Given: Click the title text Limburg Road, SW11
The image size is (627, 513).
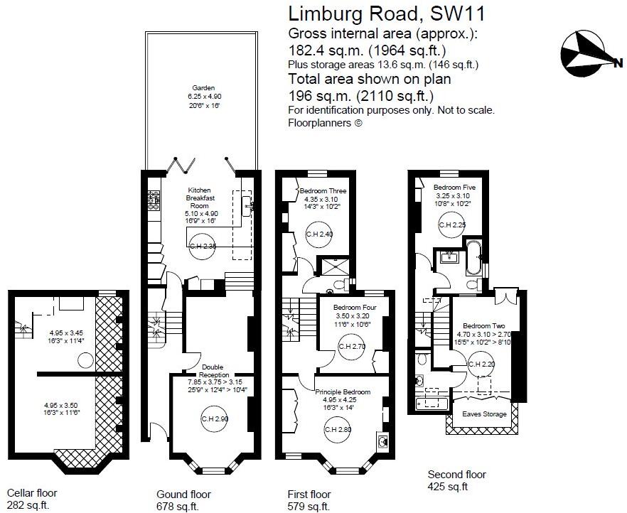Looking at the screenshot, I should tap(387, 13).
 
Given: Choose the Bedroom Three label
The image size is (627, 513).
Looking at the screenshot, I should tap(323, 191).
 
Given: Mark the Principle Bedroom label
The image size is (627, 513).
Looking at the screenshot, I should tap(343, 391).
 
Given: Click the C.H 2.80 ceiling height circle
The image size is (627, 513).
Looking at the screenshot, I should tap(337, 429).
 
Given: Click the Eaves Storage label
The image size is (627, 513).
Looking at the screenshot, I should tap(483, 414).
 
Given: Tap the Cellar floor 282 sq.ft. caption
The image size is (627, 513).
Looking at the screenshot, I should tap(32, 499).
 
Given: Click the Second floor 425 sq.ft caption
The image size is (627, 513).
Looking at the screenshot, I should tap(456, 480).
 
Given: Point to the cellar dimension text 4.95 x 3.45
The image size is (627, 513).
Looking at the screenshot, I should tap(66, 332).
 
